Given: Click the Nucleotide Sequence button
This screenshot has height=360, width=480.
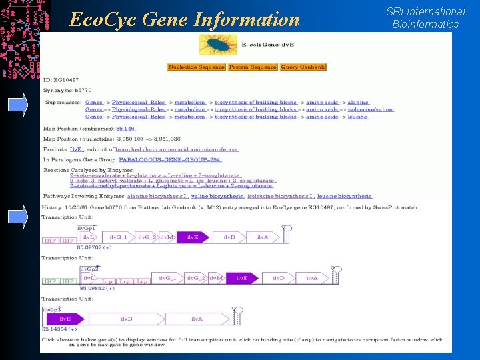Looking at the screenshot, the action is (197, 67).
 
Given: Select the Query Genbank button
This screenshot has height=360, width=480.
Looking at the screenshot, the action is (303, 67).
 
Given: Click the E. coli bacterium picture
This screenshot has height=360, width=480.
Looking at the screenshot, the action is (219, 45).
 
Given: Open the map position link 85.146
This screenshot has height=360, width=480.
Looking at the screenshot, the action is (125, 129).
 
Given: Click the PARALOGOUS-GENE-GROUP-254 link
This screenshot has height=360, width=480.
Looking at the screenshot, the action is (169, 160).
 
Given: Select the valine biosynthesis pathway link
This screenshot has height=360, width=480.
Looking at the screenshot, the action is (217, 197).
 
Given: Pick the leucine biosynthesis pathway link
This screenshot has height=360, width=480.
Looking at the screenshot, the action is (344, 197).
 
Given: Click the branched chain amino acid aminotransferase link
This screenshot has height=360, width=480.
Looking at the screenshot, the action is (176, 150).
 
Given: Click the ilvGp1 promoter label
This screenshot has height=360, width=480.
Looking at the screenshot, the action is (87, 228).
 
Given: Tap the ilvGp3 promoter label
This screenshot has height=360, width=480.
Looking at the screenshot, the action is (52, 310).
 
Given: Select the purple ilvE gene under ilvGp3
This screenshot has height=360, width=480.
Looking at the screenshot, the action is (65, 319).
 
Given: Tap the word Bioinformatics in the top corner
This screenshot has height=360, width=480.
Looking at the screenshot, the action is (425, 25).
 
